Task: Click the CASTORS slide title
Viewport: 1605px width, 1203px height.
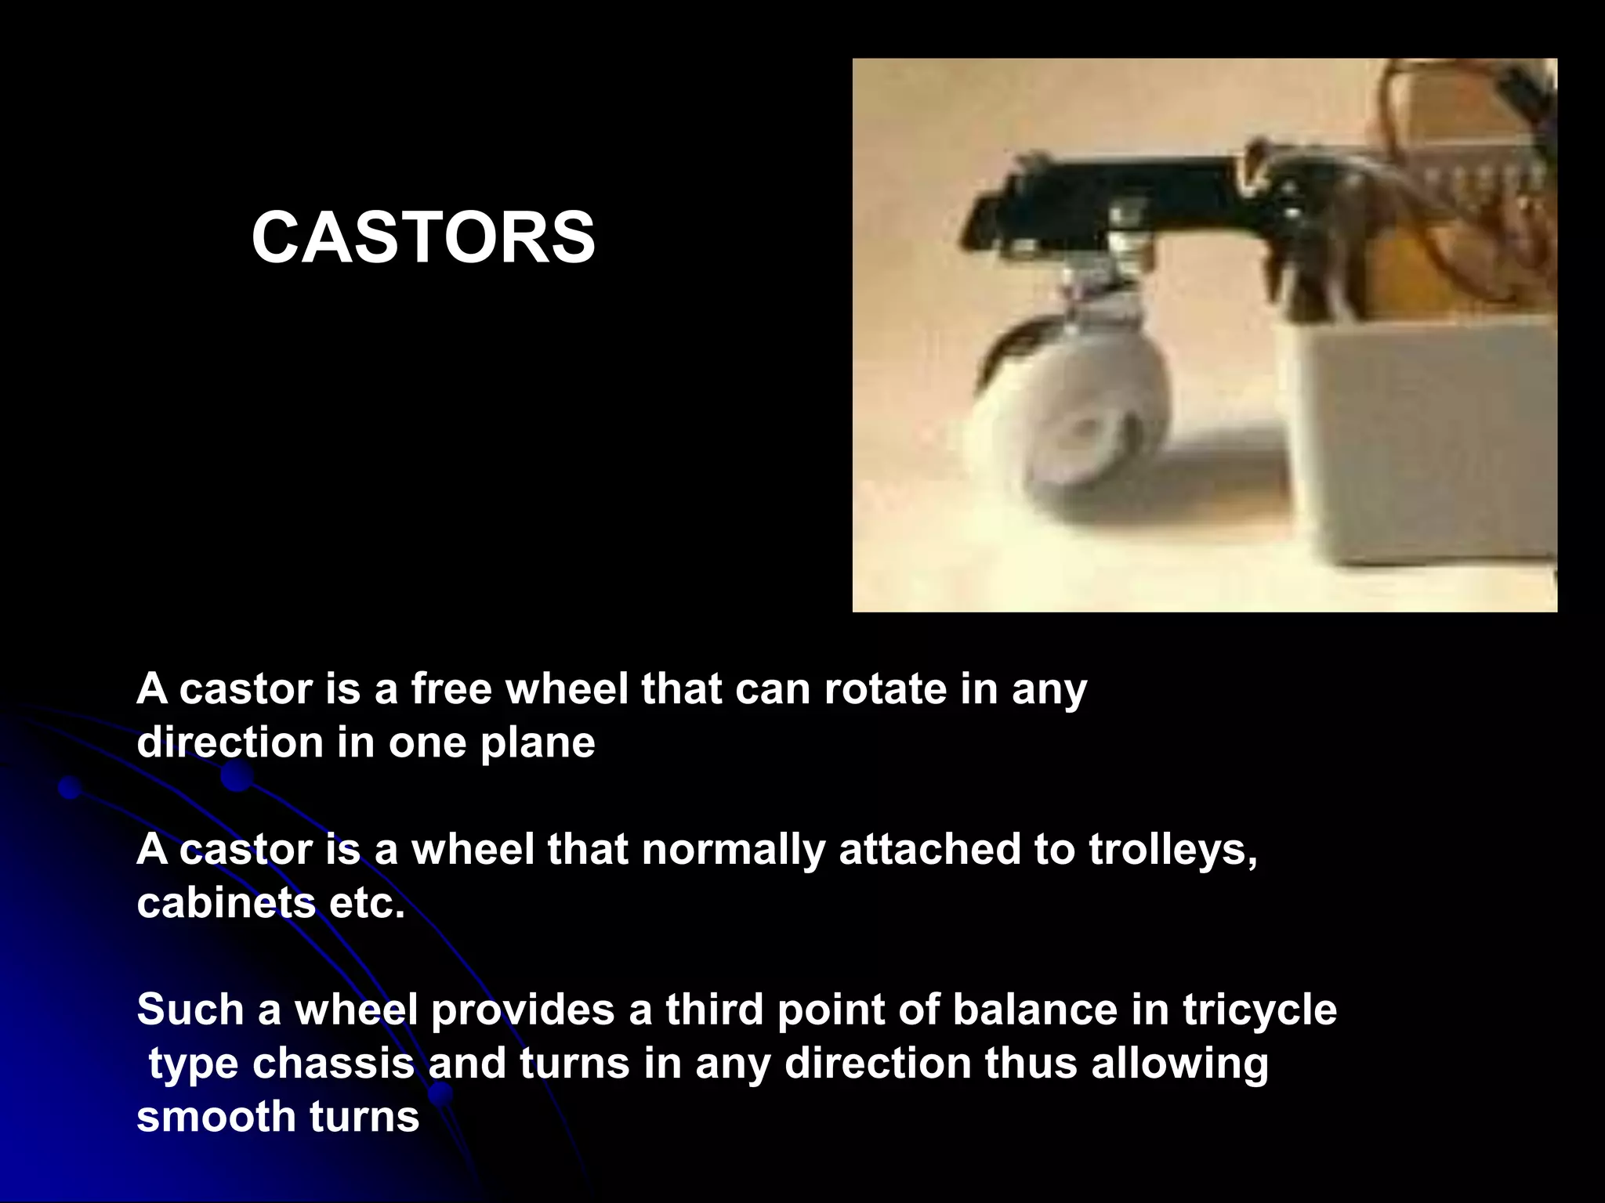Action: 423,238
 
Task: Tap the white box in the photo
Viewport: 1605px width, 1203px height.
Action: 1411,439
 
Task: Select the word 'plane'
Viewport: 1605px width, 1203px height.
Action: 538,742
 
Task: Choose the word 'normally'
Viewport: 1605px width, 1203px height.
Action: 734,849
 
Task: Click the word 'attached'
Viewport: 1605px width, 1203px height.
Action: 929,849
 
